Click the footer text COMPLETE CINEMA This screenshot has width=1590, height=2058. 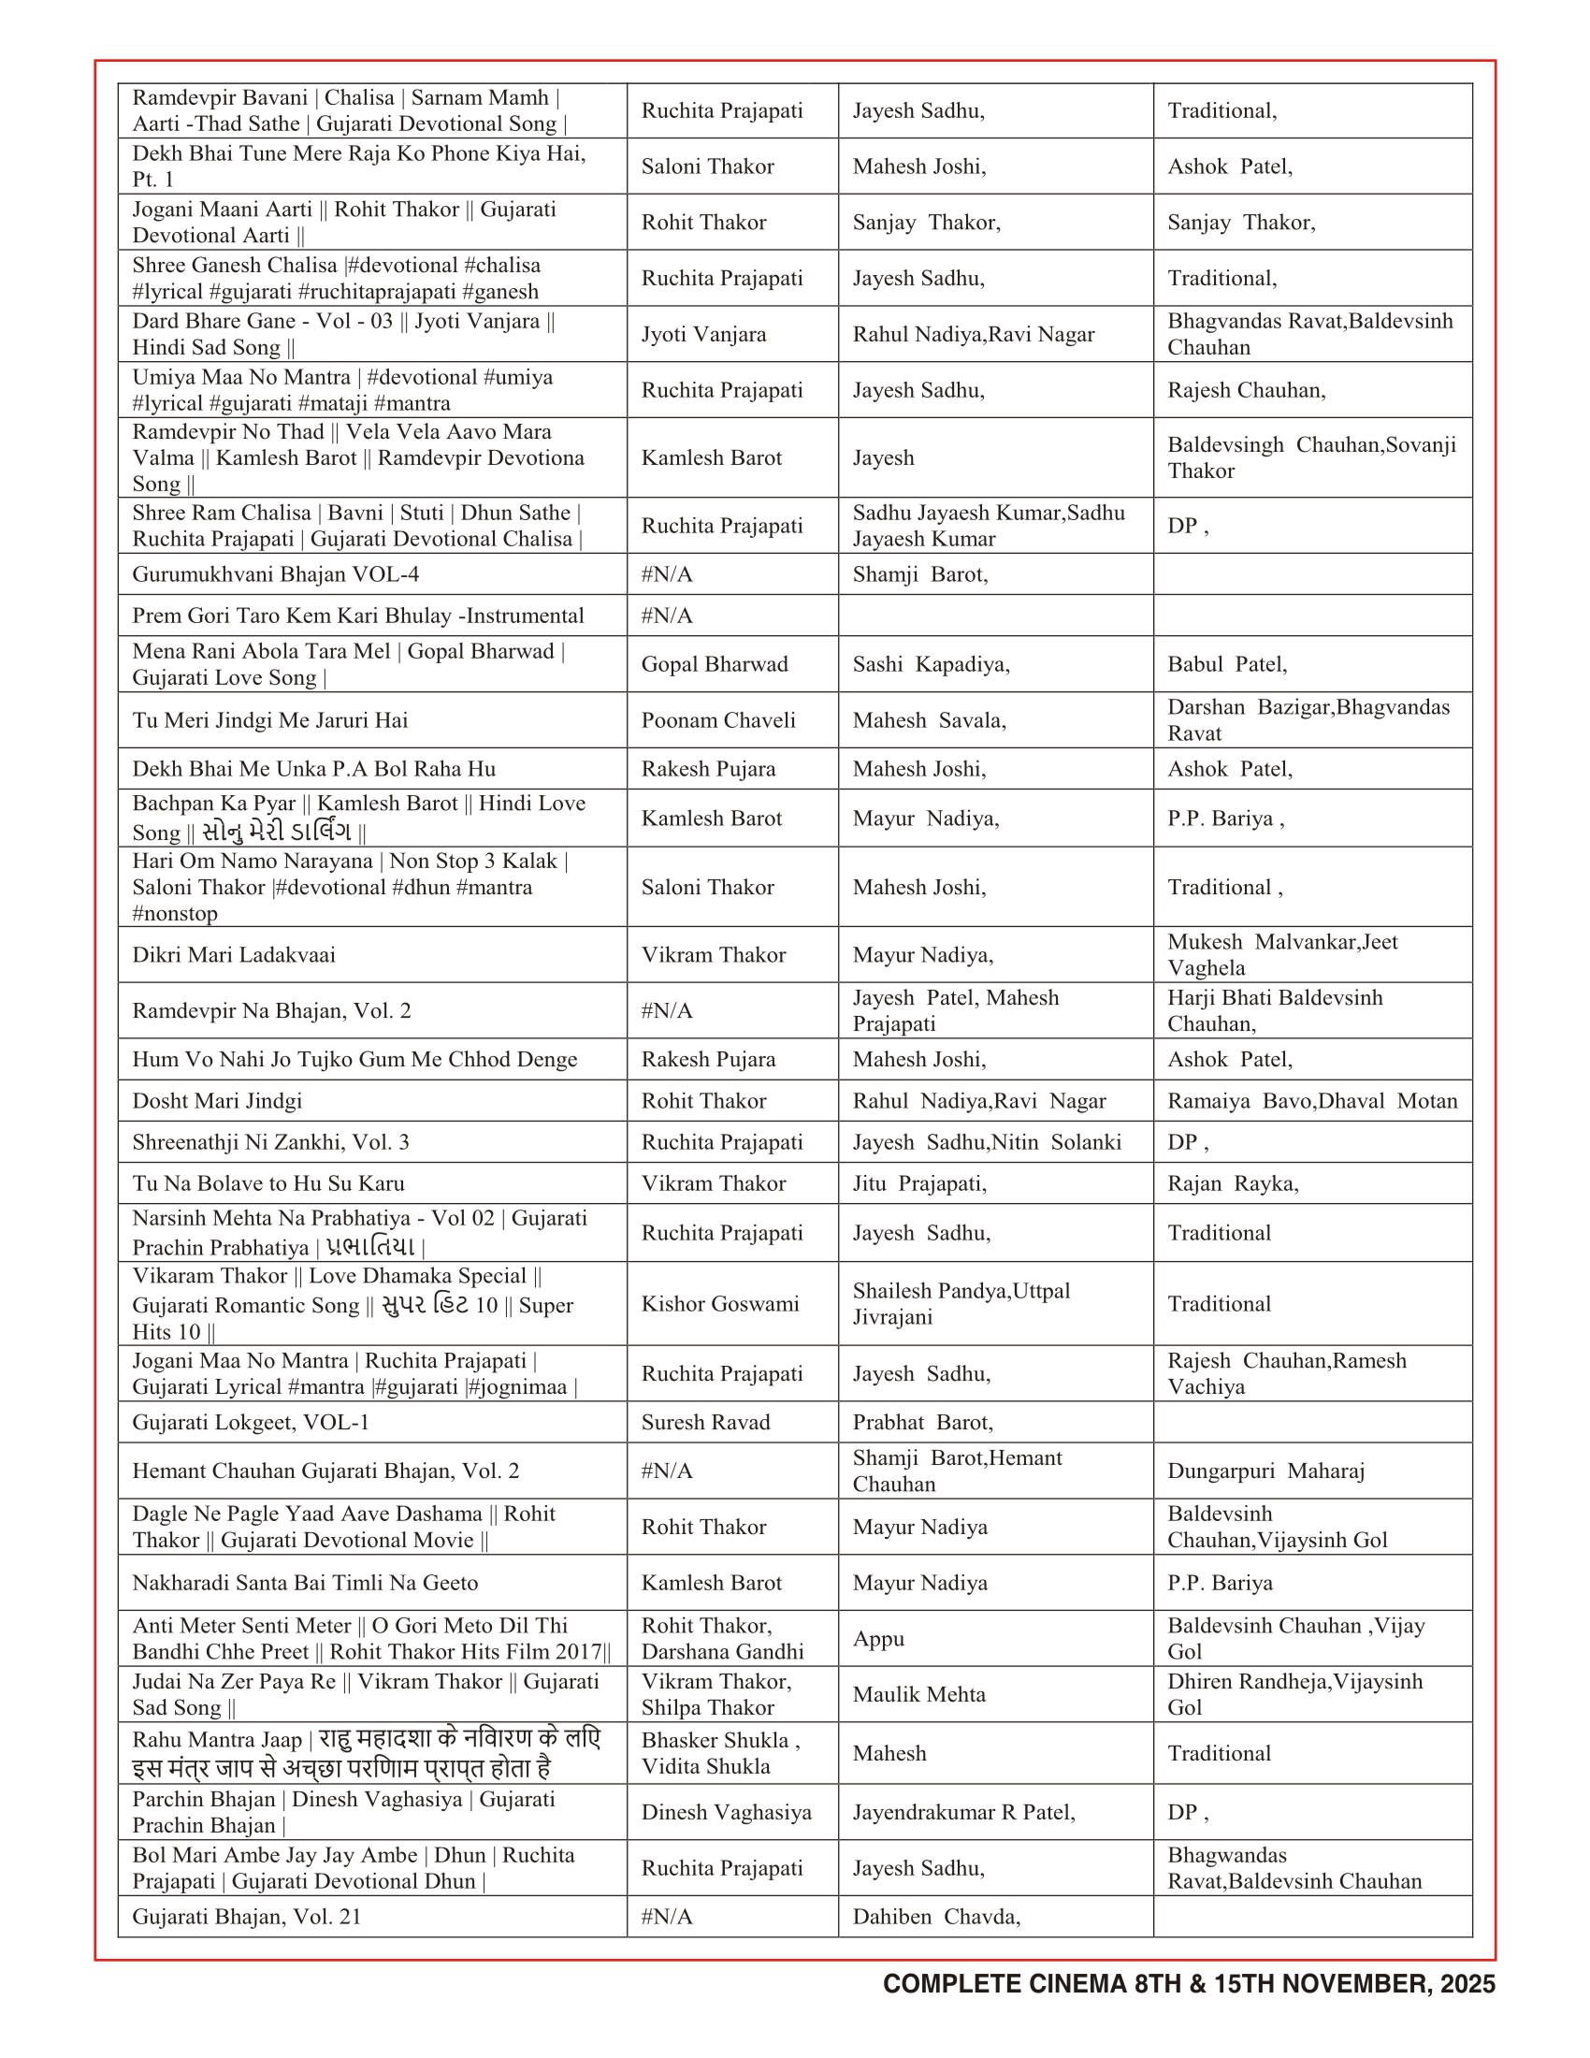[1005, 1983]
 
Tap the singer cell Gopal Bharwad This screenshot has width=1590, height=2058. [714, 664]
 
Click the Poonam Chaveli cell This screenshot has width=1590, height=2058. [717, 720]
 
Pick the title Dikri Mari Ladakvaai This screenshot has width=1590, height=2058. [234, 954]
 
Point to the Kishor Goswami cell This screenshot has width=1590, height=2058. [719, 1303]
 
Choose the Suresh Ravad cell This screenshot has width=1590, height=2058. [705, 1422]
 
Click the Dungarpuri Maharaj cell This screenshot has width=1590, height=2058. [1266, 1471]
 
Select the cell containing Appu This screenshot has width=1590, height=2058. [878, 1639]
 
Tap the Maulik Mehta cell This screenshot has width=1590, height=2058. [918, 1694]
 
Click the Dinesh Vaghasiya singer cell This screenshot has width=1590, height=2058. [726, 1812]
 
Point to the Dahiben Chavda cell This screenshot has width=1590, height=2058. [936, 1917]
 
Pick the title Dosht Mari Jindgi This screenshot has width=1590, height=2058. [217, 1101]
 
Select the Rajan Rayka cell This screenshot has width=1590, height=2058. [1233, 1183]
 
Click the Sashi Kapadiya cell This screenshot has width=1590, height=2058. [931, 664]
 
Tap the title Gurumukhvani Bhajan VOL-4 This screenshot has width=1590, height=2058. [275, 573]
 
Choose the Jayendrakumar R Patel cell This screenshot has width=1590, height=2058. [963, 1812]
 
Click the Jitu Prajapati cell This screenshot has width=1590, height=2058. [919, 1183]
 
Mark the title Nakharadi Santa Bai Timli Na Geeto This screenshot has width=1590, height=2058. [305, 1583]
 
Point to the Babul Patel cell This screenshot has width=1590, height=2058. [1227, 664]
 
